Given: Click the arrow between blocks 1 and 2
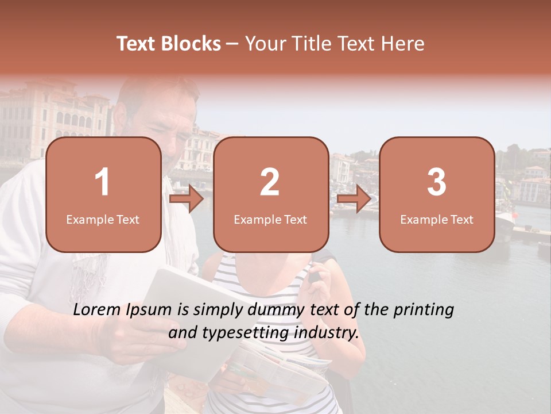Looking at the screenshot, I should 187,200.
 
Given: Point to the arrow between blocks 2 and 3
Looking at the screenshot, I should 354,200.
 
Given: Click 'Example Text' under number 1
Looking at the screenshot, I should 103,220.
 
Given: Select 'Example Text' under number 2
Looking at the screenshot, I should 270,220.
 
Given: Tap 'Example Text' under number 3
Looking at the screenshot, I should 437,220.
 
